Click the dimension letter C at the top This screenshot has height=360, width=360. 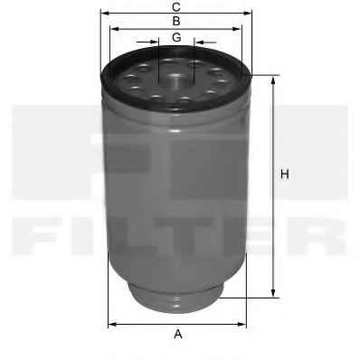coord(176,7)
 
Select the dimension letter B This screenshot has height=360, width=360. coord(176,22)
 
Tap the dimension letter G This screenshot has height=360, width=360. coord(176,37)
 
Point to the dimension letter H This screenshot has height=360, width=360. coord(285,175)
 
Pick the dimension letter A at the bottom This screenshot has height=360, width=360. coord(178,334)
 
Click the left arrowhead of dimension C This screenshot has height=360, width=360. coord(104,14)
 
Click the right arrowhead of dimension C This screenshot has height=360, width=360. coord(247,14)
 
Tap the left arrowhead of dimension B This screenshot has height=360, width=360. coord(115,29)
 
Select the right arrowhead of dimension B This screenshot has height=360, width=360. coord(237,29)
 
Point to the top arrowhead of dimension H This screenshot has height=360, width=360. coord(273,81)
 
